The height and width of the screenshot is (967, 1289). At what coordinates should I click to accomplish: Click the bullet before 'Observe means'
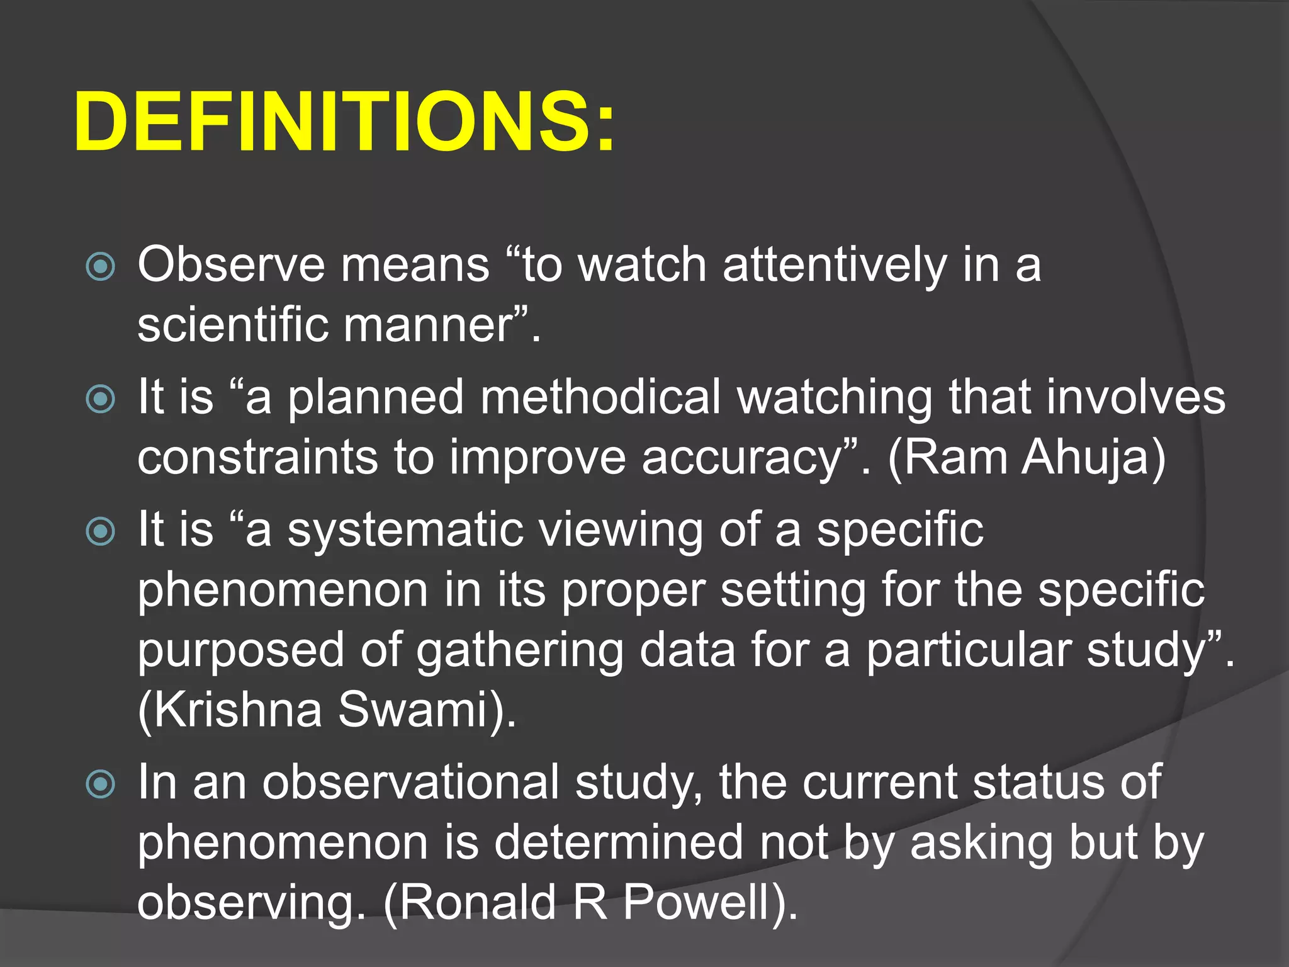(x=101, y=266)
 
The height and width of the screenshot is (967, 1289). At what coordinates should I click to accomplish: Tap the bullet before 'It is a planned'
(x=101, y=399)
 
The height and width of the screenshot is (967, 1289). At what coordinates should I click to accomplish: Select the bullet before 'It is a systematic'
(x=101, y=531)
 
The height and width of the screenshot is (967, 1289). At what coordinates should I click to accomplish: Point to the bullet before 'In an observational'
(x=101, y=784)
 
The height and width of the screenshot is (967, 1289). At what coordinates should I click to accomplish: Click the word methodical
(x=600, y=397)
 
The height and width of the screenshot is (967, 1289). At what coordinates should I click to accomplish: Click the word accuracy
(x=742, y=458)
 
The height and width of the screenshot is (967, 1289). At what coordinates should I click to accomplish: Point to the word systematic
(x=406, y=530)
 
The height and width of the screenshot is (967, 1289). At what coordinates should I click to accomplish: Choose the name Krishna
(x=236, y=710)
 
